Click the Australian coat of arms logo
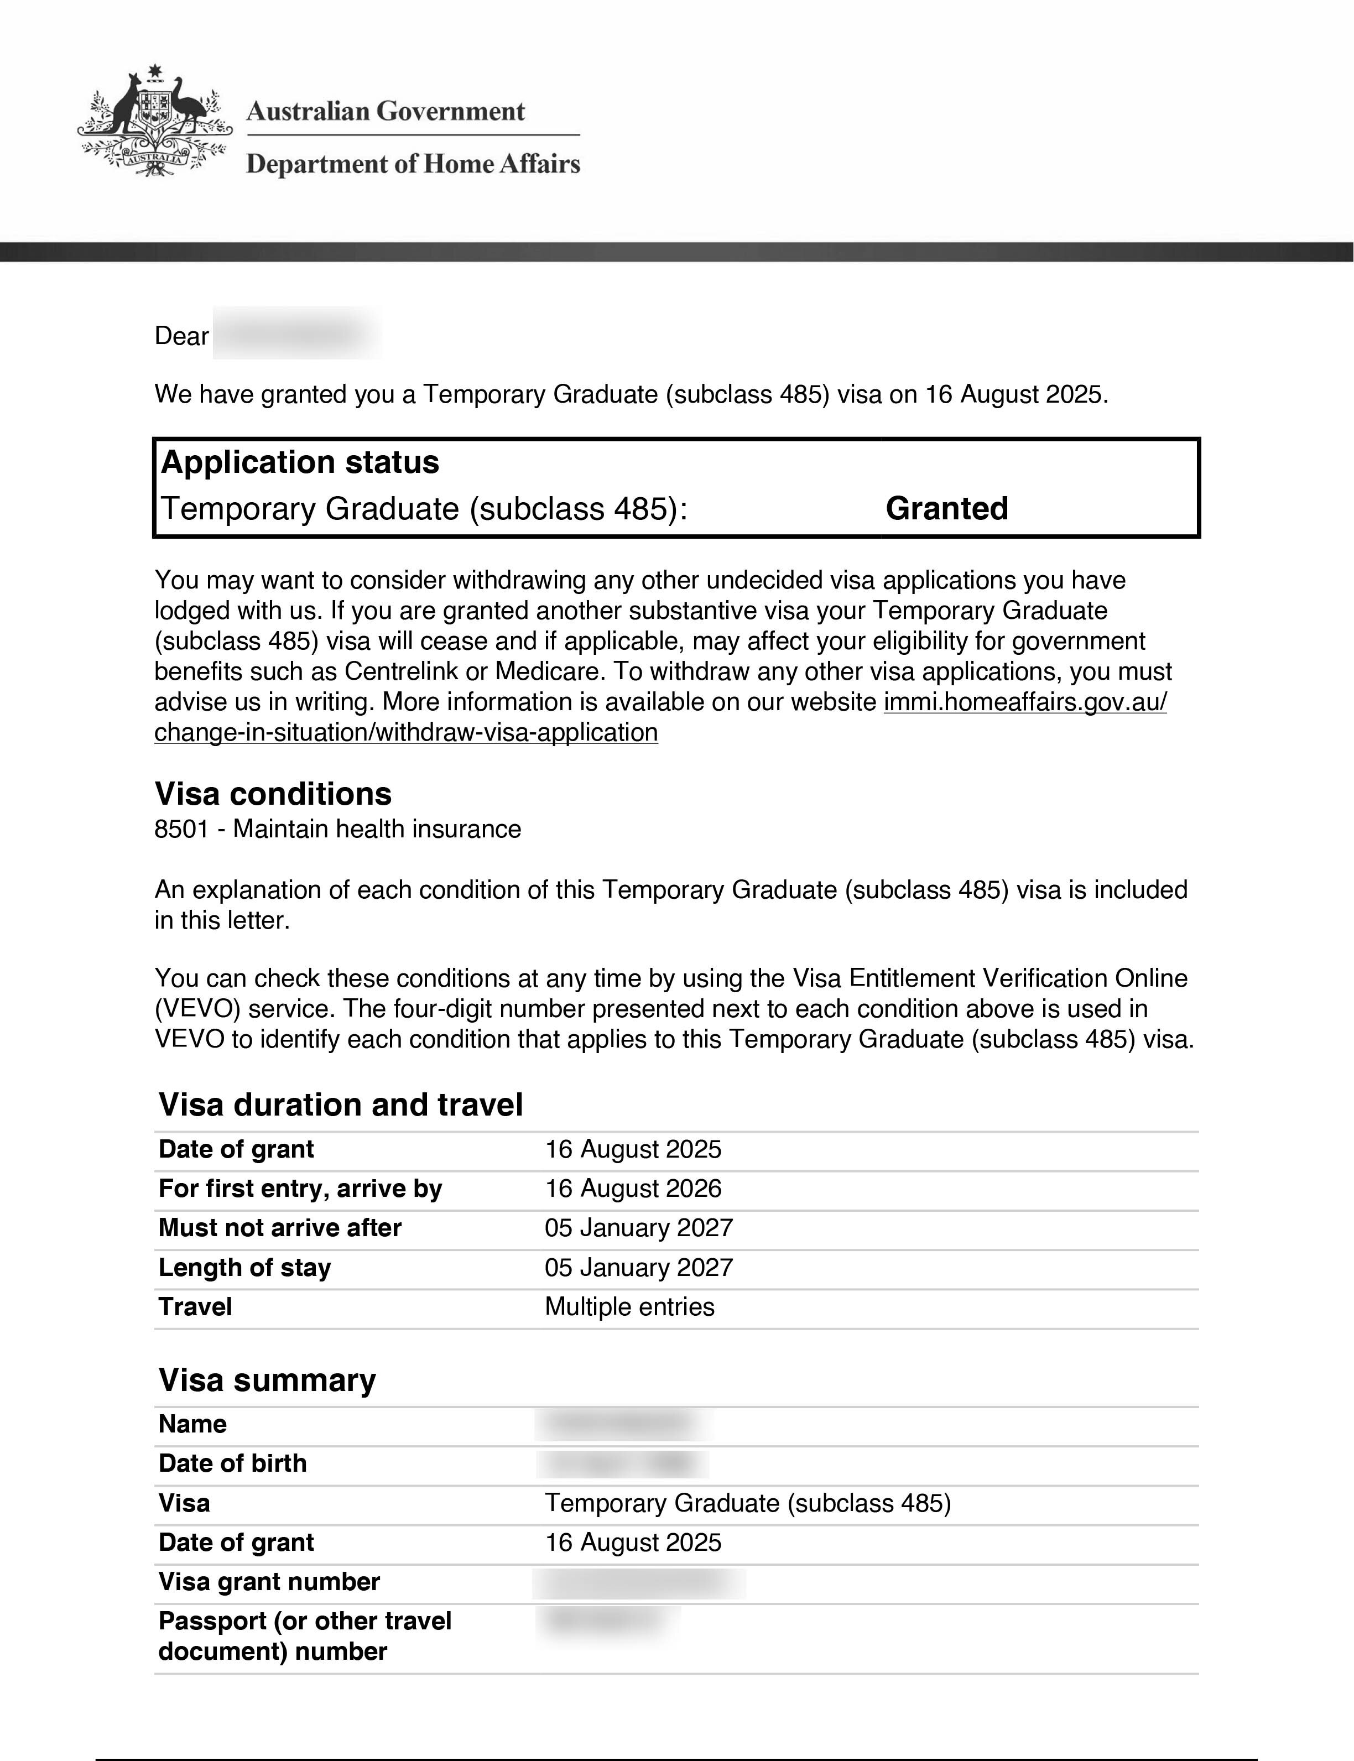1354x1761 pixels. tap(155, 121)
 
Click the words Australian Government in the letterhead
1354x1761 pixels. tap(386, 111)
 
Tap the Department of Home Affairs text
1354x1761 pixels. tap(413, 164)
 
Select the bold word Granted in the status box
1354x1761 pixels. tap(947, 508)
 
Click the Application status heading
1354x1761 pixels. tap(300, 462)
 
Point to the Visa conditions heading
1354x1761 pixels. tap(273, 794)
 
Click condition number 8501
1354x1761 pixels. tap(181, 829)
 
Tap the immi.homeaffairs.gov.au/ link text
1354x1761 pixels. tap(1024, 702)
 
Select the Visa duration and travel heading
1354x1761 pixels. tap(340, 1104)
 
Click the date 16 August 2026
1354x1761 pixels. tap(633, 1188)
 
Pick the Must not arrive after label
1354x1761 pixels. tap(280, 1227)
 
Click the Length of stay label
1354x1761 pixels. tap(244, 1267)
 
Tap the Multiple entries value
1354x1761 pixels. tap(629, 1306)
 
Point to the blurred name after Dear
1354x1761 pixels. tap(296, 334)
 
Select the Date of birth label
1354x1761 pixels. tap(232, 1463)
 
